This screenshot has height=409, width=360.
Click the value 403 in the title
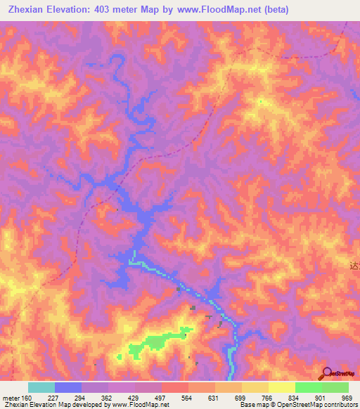114,10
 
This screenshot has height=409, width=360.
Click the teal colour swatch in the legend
41,387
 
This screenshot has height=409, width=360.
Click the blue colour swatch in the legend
67,387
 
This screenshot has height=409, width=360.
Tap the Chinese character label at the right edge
354,266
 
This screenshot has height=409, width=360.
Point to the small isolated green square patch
119,356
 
